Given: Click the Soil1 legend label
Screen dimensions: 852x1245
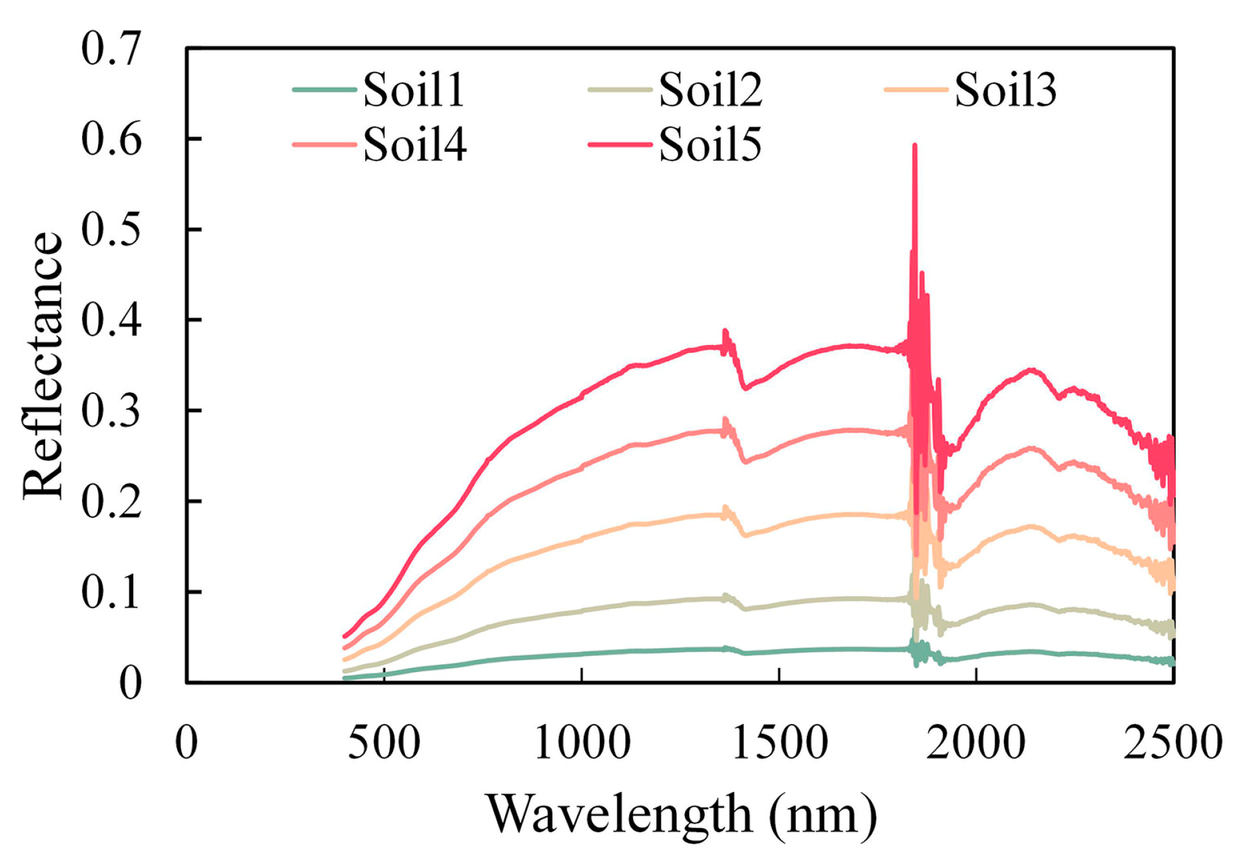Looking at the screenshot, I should click(x=413, y=90).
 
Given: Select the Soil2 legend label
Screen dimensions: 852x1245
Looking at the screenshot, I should click(x=710, y=90).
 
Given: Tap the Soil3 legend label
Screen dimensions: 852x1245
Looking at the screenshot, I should click(x=1005, y=90).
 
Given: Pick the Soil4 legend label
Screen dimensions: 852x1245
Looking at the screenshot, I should click(x=415, y=145).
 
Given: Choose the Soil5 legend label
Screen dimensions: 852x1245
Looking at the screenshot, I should click(x=710, y=145).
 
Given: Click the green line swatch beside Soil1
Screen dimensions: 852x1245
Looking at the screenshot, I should click(x=325, y=89).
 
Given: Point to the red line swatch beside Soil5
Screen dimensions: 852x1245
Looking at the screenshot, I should click(x=620, y=144).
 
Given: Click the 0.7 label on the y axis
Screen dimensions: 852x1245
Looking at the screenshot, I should click(x=111, y=48).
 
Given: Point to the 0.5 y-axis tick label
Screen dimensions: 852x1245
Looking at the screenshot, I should click(x=111, y=229).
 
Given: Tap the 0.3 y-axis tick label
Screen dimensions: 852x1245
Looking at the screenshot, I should click(x=111, y=410).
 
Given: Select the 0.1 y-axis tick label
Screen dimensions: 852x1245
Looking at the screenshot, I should click(x=111, y=592).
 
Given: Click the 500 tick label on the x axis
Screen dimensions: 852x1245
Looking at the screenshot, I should click(x=384, y=743).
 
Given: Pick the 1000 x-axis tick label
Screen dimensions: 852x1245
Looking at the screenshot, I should click(x=582, y=743).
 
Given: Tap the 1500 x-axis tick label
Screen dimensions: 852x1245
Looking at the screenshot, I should click(x=779, y=743).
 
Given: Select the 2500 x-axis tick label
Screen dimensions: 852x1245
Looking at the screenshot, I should click(x=1172, y=743).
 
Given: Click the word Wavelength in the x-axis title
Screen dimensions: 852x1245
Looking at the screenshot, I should click(x=620, y=814).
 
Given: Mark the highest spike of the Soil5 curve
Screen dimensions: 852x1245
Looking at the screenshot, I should click(x=914, y=145).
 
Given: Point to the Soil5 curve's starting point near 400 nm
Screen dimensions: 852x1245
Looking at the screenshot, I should click(x=345, y=636).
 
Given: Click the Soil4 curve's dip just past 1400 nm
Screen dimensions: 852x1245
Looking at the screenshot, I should click(x=745, y=461).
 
